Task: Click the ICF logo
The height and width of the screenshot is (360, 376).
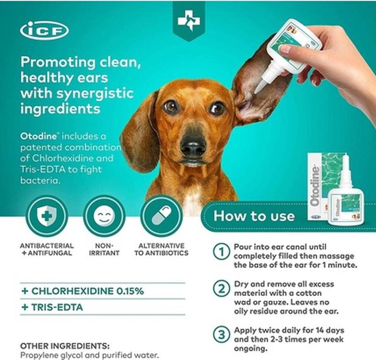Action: coord(44,30)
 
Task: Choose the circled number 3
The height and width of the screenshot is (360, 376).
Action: coord(222,334)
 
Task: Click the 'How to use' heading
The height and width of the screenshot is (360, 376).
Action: coord(254,215)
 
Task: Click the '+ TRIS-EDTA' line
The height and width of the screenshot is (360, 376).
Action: coord(52,307)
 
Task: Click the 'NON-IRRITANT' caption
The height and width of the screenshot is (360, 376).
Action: coord(107,249)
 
